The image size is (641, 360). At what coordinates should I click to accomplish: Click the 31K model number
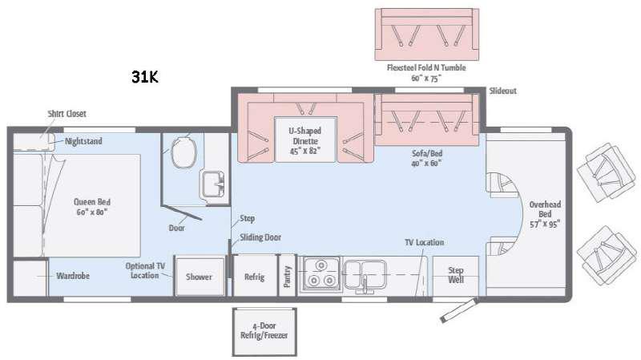coord(145,77)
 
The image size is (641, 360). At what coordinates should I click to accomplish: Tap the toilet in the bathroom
coord(183,152)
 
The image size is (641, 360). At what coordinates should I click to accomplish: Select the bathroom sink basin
coord(212,184)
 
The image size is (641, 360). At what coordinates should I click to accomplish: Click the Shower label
coord(199,277)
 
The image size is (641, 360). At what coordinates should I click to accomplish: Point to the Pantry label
coord(287,277)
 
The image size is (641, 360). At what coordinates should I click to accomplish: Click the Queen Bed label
coord(92,207)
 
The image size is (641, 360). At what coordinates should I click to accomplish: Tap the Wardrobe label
coord(73,276)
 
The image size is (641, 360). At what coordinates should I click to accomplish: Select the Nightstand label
coord(83,141)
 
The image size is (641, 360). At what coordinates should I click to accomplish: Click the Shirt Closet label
coord(67,114)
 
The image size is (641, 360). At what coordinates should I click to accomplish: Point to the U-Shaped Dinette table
coord(305,140)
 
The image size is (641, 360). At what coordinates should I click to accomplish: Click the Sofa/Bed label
coord(427,158)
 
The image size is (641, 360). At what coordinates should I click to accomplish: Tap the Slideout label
coord(503,91)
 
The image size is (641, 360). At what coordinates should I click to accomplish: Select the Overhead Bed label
coord(545,214)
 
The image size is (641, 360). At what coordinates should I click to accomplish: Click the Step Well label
coord(456,275)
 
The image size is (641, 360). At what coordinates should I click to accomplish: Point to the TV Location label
coord(425,242)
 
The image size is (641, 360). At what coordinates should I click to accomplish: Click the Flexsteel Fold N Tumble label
coord(426,72)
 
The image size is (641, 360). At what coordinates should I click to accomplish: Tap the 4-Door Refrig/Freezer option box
coord(264,332)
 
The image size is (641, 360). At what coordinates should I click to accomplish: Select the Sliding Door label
coord(260,237)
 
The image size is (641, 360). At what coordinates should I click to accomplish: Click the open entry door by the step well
coord(458,310)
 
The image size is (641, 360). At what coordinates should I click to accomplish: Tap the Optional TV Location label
coord(145,270)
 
